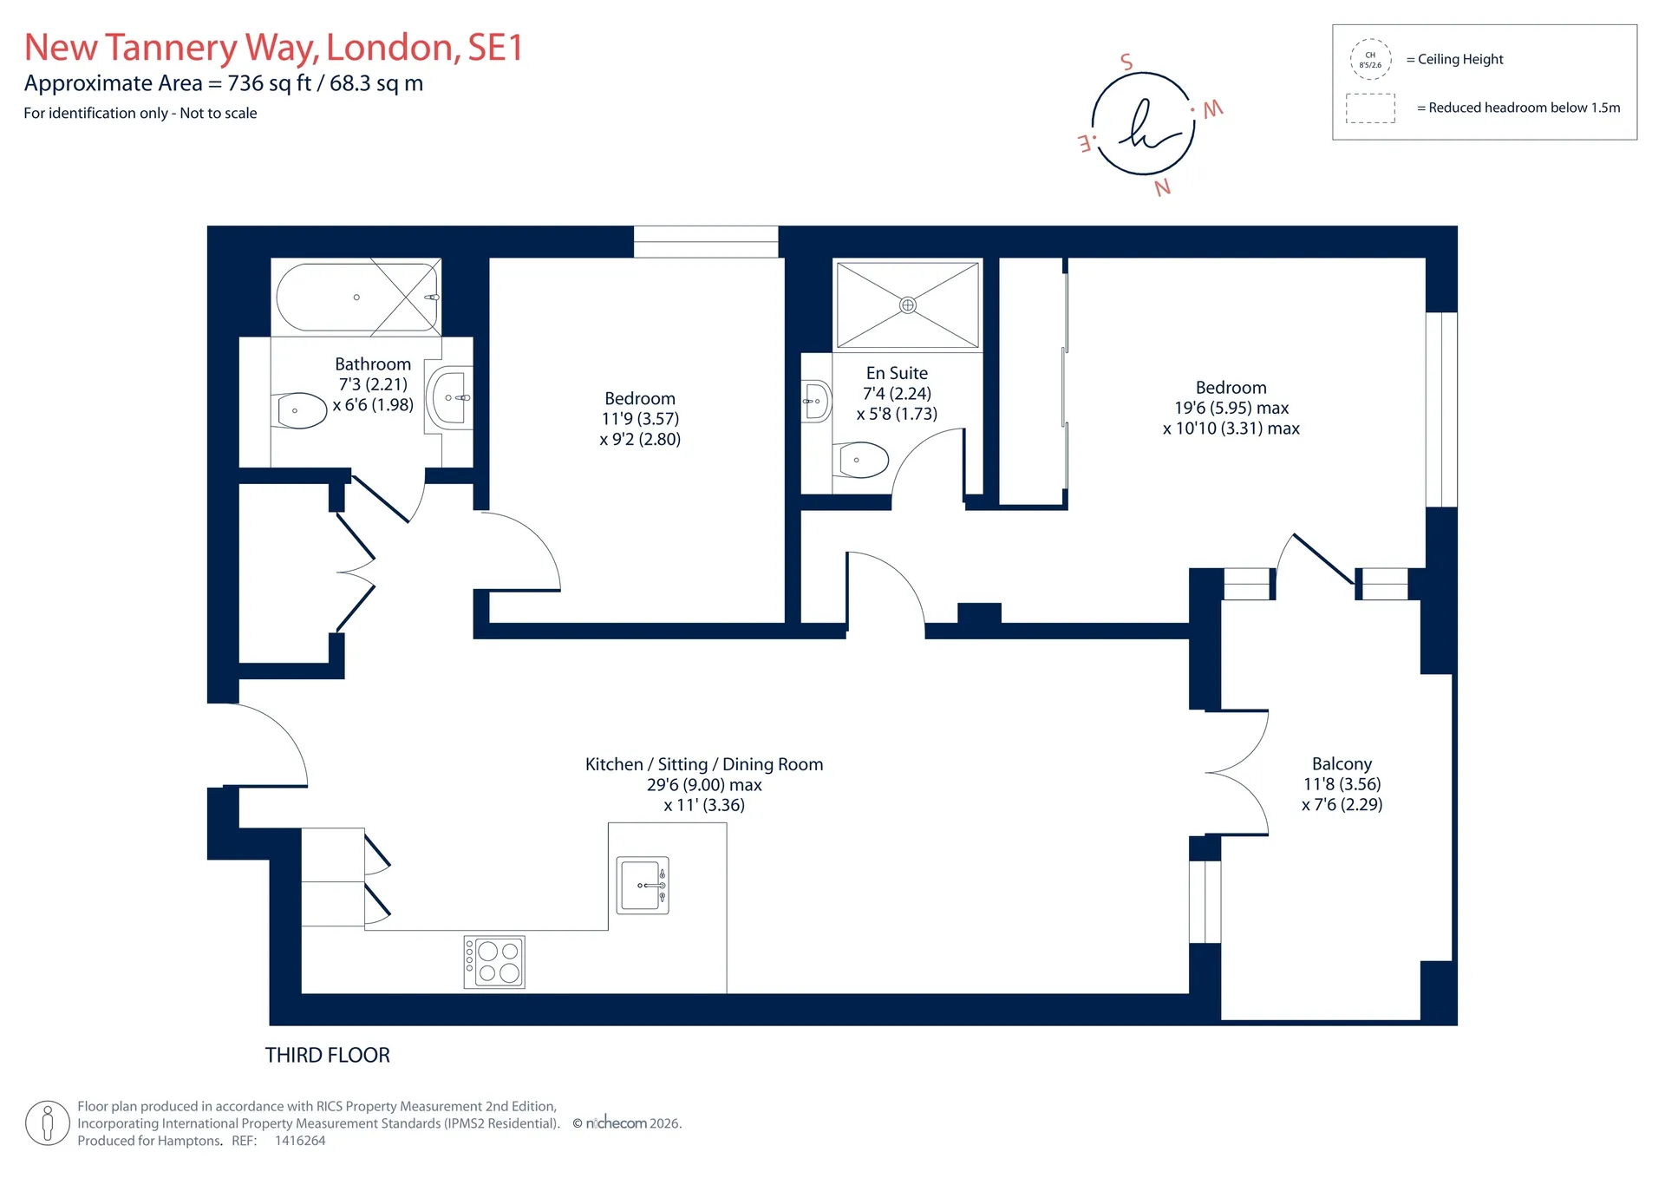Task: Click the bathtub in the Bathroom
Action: click(x=356, y=297)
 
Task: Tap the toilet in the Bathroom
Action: click(x=300, y=410)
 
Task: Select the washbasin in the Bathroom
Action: click(x=450, y=398)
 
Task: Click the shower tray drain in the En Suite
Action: click(x=907, y=304)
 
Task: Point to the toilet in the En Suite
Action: click(x=860, y=460)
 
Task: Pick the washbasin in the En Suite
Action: click(x=816, y=401)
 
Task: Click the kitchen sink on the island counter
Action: click(x=643, y=885)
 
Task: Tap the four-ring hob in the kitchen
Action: click(x=494, y=962)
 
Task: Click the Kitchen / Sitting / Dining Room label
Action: click(x=704, y=764)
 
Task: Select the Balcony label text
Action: click(x=1342, y=764)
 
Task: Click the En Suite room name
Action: click(x=897, y=373)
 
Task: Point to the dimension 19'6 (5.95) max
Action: click(x=1231, y=408)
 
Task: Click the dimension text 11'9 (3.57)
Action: click(x=640, y=419)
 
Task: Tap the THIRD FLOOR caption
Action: click(x=327, y=1055)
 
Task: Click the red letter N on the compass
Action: click(x=1163, y=187)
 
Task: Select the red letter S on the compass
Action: click(x=1126, y=62)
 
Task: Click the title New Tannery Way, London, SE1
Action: click(x=274, y=48)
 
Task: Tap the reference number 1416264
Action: click(x=300, y=1141)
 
